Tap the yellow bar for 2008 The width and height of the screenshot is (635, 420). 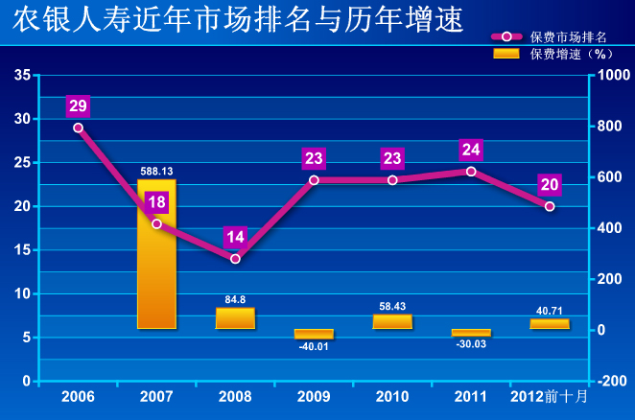coord(235,318)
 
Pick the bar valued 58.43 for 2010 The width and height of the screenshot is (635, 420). coord(392,321)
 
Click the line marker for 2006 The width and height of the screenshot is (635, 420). coord(78,128)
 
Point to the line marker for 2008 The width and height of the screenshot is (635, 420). coord(235,259)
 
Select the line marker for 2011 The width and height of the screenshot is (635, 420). coord(471,172)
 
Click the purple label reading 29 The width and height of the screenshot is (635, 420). coord(78,105)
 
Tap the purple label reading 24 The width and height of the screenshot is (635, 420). coord(471,150)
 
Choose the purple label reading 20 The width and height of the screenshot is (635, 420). coord(550,185)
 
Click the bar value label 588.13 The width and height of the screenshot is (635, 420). coord(156,172)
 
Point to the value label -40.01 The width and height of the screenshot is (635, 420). coord(314,346)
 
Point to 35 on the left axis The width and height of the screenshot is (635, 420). coord(22,75)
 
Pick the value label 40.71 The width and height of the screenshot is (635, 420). coord(550,311)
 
